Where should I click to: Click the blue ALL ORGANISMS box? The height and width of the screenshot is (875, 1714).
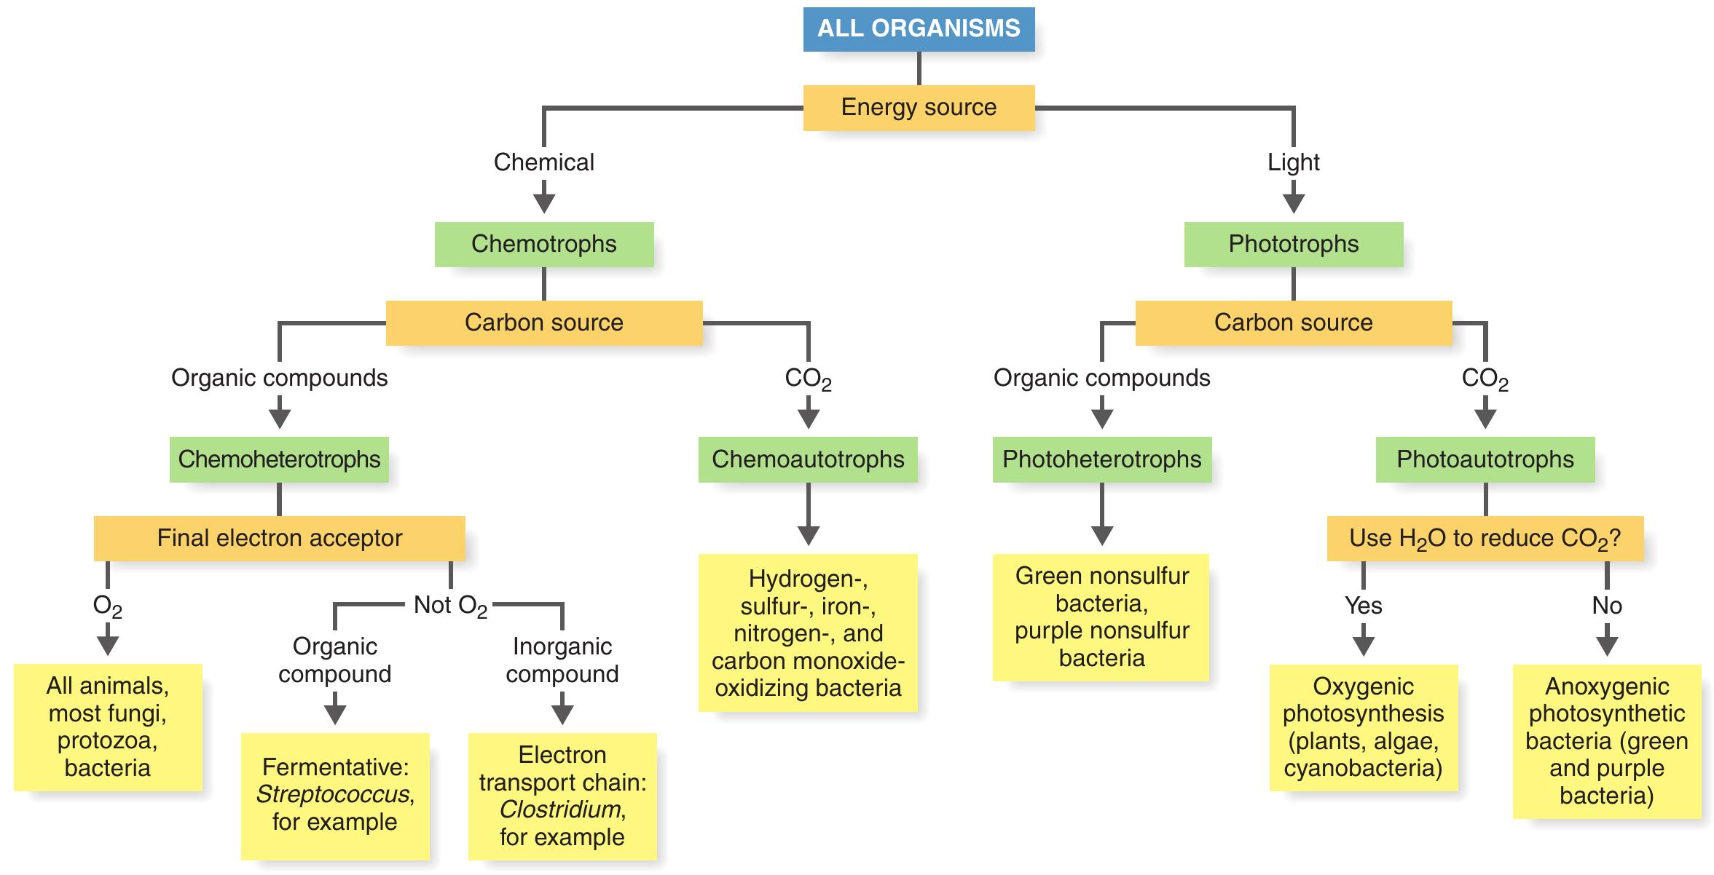coord(919,28)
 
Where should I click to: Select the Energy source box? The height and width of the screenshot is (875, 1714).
coord(919,107)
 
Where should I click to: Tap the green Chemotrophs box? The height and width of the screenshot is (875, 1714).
coord(543,244)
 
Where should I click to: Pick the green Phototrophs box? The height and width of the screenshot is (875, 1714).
coord(1293,244)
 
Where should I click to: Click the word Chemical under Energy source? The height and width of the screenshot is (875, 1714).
coord(543,162)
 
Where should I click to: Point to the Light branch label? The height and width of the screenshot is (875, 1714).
coord(1293,162)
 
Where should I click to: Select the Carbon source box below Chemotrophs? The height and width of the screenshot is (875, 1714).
coord(543,322)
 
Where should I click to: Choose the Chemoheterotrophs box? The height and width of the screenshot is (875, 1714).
coord(279,459)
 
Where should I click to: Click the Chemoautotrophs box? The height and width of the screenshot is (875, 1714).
coord(808,459)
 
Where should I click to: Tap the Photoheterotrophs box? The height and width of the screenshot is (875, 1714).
coord(1101,459)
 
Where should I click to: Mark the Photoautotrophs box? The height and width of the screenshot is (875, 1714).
coord(1485,459)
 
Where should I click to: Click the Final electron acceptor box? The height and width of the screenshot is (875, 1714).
coord(279,538)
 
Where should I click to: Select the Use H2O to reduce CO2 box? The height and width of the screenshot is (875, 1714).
coord(1485,538)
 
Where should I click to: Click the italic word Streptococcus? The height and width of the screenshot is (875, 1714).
coord(333,794)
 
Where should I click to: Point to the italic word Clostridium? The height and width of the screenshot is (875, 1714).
coord(560,809)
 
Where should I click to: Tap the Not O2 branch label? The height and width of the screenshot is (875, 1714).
coord(450,605)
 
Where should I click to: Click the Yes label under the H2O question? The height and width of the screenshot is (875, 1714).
coord(1363,606)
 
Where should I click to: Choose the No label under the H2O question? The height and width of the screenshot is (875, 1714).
coord(1606,606)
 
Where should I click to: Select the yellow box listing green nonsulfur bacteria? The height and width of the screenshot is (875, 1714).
coord(1101,617)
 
